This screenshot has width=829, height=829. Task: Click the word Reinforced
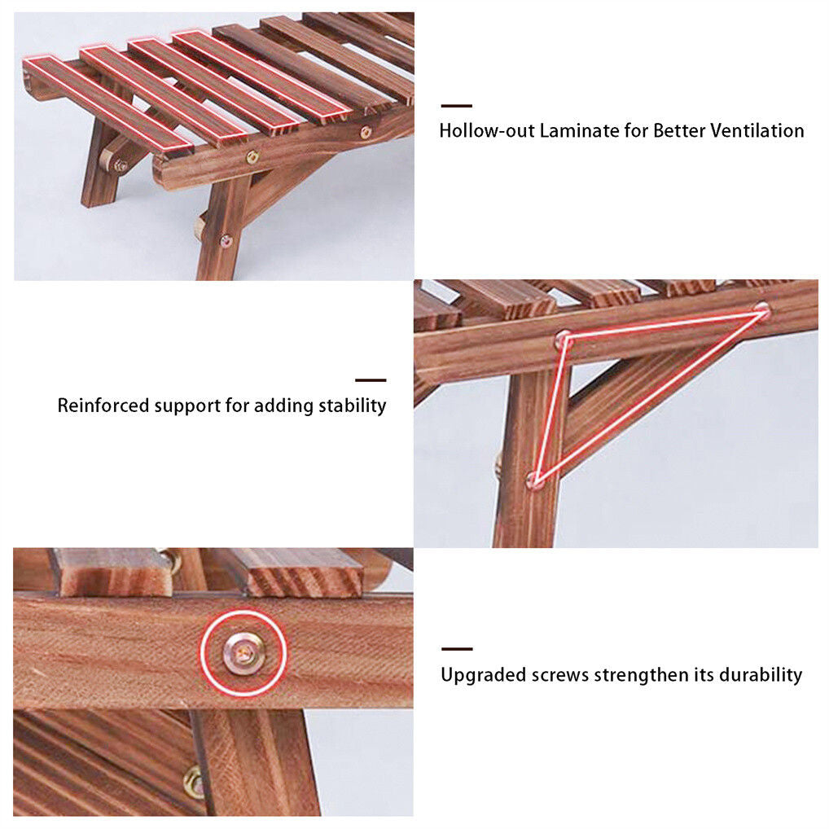pyautogui.click(x=103, y=406)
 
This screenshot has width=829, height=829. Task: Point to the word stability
pyautogui.click(x=353, y=406)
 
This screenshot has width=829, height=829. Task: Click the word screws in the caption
pyautogui.click(x=559, y=675)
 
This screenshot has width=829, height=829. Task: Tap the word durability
pyautogui.click(x=757, y=675)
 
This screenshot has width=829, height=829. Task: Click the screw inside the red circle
pyautogui.click(x=243, y=652)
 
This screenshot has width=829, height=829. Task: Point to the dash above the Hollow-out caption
pyautogui.click(x=457, y=106)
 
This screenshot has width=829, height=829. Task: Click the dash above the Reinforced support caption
pyautogui.click(x=371, y=380)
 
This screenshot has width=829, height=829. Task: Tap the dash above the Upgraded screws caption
pyautogui.click(x=457, y=649)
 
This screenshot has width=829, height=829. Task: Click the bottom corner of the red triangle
pyautogui.click(x=535, y=480)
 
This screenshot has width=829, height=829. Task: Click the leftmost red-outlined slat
pyautogui.click(x=106, y=102)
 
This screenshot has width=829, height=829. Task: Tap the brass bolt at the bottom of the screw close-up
pyautogui.click(x=194, y=782)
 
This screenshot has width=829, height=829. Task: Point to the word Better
pyautogui.click(x=679, y=130)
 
